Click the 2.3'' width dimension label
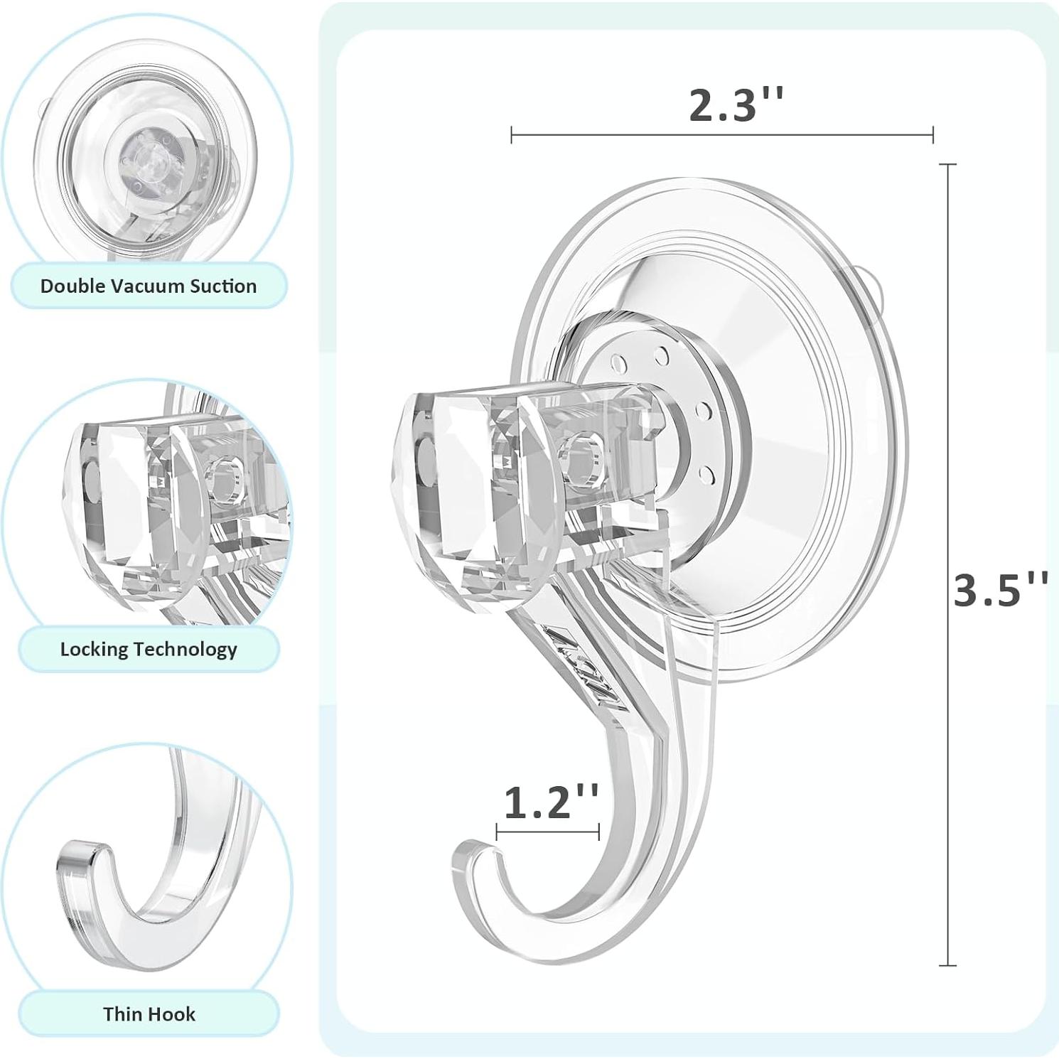pos(736,105)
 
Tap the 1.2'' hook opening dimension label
pos(551,802)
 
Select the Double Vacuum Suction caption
pos(149,286)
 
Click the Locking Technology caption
pos(149,649)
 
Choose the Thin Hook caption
pos(149,1014)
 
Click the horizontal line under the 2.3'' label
pos(721,134)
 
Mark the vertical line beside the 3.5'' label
pos(947,565)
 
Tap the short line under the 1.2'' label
pos(547,832)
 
